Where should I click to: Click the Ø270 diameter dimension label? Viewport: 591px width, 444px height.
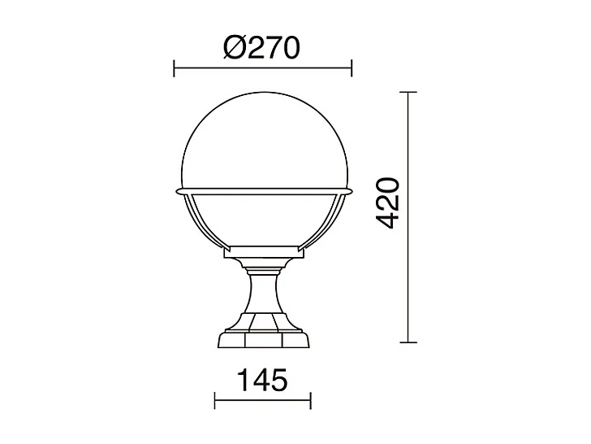tap(261, 48)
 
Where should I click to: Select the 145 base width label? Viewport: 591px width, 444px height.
tap(262, 381)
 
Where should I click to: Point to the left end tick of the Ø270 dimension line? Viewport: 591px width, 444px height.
tap(175, 68)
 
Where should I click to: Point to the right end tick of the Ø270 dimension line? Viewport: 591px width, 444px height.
tap(352, 68)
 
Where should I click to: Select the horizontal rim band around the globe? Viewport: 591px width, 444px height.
tap(263, 192)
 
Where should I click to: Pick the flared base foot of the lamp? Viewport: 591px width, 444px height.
tap(263, 337)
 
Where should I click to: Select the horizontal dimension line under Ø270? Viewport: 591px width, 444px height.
tap(263, 68)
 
